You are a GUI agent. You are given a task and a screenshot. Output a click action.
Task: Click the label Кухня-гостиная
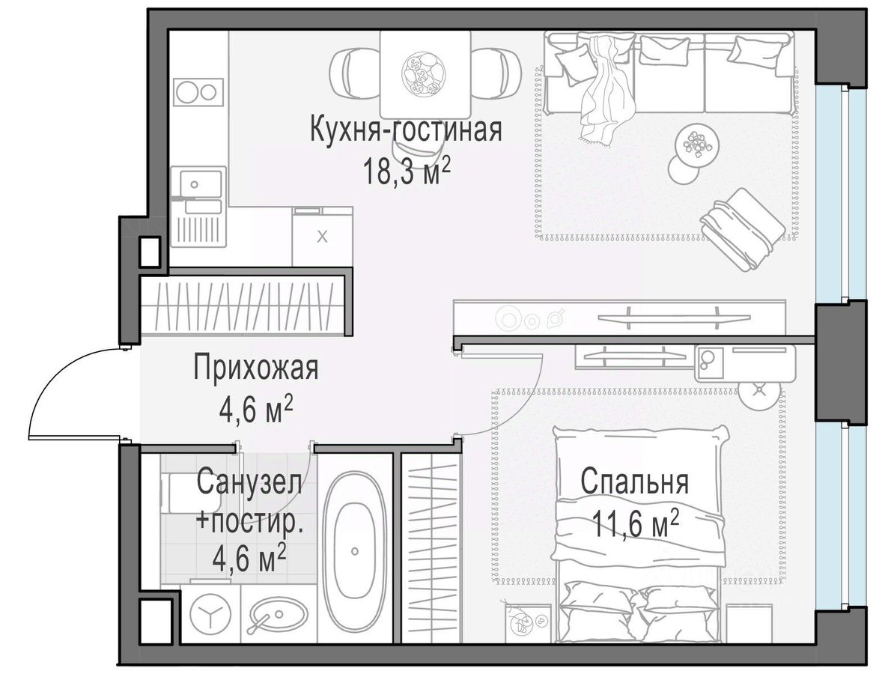pos(406,130)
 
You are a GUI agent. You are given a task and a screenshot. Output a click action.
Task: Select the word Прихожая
pos(256,368)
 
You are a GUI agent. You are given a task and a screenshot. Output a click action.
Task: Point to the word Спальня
pos(635,482)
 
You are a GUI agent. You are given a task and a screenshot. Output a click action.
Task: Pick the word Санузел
pos(249,483)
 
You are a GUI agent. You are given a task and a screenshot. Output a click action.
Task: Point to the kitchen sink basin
pos(200,184)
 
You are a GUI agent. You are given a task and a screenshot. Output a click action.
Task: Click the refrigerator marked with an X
pos(322,236)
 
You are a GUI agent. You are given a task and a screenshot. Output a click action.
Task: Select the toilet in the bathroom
pos(181,493)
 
